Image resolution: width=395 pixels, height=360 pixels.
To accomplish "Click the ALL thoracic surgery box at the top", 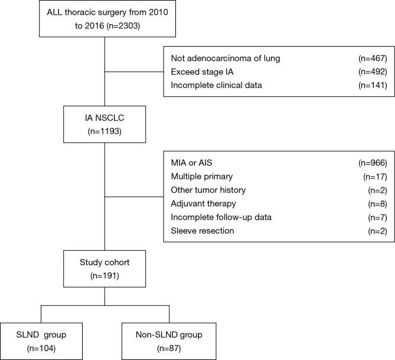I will point(105,19).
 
